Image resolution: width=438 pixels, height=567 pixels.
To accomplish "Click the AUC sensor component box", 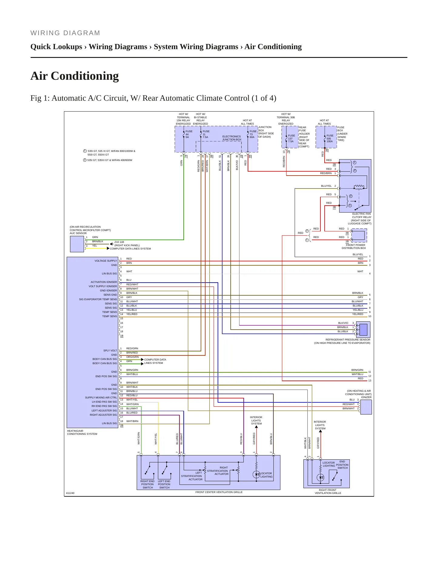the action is coord(77,244).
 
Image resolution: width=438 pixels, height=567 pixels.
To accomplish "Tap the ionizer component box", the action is coord(366,407).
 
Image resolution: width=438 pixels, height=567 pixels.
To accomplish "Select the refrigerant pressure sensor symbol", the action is coord(363,330).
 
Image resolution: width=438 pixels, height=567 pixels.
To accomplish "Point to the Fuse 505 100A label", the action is coord(330,139).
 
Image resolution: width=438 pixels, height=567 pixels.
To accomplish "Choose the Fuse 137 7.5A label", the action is coord(291,139).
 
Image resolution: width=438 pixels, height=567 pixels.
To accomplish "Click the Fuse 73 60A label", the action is coord(253,134).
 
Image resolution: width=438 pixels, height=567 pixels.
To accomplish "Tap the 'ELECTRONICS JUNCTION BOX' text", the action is coord(232,138).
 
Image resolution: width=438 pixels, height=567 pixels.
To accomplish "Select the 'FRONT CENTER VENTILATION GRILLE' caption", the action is coord(219,492).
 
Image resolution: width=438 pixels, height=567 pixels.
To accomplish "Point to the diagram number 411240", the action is coord(70,493).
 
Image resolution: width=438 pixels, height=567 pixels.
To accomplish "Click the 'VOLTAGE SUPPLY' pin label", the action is coord(105,261).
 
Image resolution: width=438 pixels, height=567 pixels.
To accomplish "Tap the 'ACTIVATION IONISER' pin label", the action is coord(104,282).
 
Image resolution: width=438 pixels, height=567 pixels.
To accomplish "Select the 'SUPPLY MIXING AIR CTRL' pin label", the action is coord(101,398).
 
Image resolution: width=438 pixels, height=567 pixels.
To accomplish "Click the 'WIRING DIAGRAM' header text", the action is coord(65,33).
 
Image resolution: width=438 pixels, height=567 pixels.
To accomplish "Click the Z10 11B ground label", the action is coord(119,242).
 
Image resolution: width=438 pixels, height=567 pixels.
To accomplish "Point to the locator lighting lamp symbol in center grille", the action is coord(256,475).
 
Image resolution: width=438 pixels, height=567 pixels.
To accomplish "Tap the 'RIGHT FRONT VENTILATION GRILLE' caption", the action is coord(328,492).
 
